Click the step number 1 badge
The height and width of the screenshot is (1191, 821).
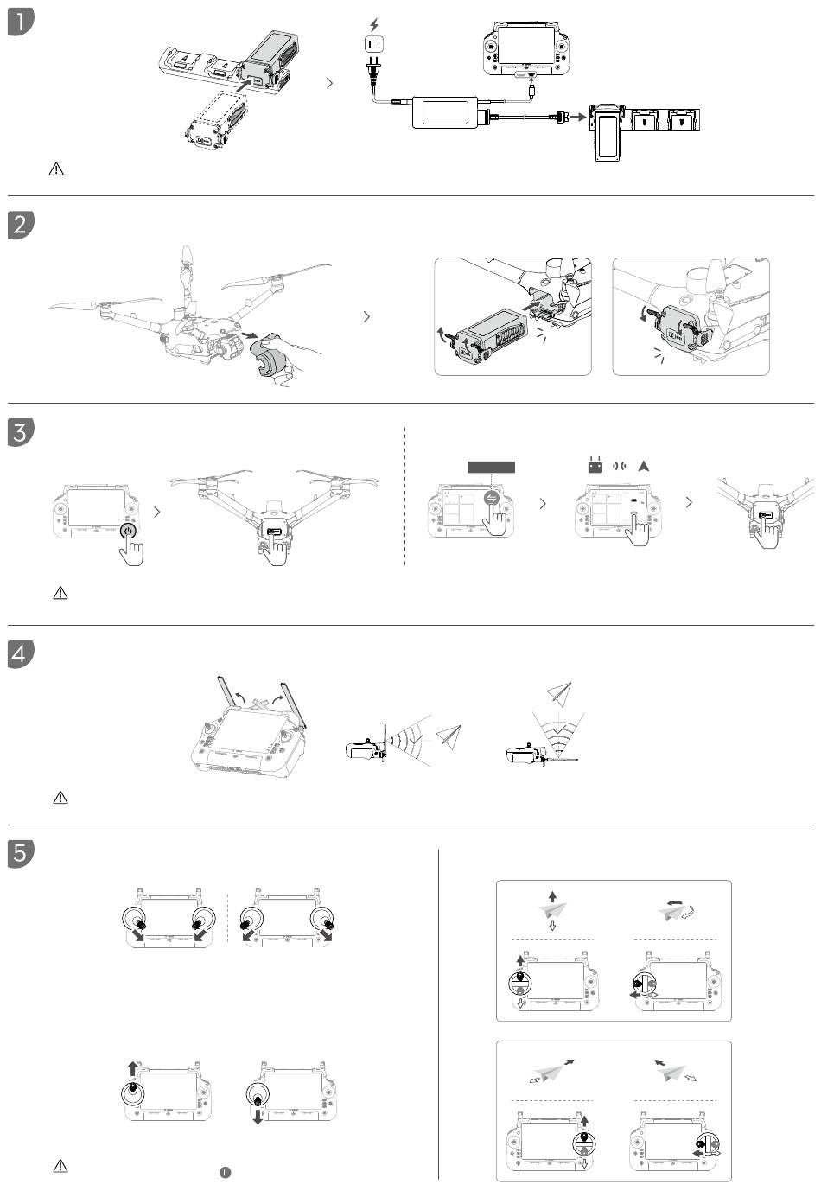[x=20, y=22]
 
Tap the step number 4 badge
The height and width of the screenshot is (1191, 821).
[x=20, y=653]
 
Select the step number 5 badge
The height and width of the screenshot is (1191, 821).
[x=20, y=852]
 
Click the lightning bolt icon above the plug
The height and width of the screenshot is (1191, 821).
[x=373, y=25]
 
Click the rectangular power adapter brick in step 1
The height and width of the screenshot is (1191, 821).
[x=447, y=112]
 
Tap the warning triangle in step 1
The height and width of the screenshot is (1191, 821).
[x=57, y=169]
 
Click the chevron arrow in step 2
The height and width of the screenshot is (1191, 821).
[x=367, y=317]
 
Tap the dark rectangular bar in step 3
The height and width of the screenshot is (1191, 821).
[x=491, y=467]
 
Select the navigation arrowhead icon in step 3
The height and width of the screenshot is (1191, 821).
[x=644, y=466]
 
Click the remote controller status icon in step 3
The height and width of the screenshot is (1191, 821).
[x=594, y=467]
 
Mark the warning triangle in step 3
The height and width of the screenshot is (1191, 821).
[x=60, y=593]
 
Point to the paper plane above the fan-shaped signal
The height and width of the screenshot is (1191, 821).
[x=559, y=693]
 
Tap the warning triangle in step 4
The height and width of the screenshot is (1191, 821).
[x=60, y=798]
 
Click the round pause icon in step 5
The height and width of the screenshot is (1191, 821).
[x=225, y=1171]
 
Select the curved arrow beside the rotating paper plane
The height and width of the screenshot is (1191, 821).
[x=689, y=913]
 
